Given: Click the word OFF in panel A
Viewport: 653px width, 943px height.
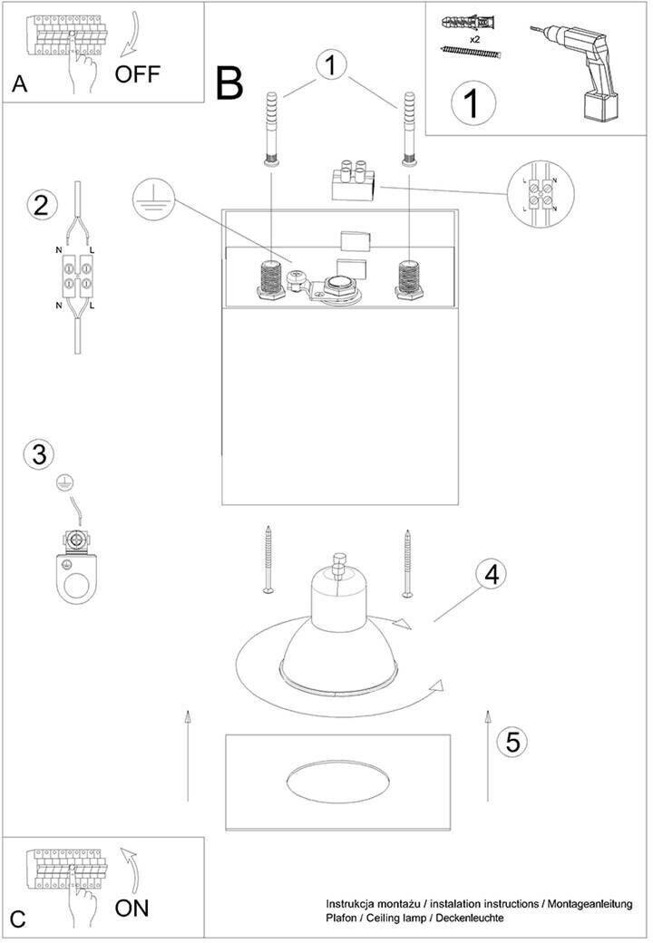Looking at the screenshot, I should click(137, 73).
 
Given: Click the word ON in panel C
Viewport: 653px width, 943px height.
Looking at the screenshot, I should click(132, 907).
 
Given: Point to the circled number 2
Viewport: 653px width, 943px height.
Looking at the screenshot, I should click(40, 204).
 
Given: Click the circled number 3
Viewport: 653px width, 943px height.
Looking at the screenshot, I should click(38, 454).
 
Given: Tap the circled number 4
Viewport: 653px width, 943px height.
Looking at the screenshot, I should click(491, 574).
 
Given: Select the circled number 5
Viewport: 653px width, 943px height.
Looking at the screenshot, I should click(512, 742).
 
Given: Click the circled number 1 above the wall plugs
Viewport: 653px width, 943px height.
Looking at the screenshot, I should click(332, 64).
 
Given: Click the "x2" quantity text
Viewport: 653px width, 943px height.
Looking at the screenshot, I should click(474, 41).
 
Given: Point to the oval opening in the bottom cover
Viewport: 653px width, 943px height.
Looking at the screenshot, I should click(337, 782).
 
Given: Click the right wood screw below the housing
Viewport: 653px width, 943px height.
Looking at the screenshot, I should click(407, 562).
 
